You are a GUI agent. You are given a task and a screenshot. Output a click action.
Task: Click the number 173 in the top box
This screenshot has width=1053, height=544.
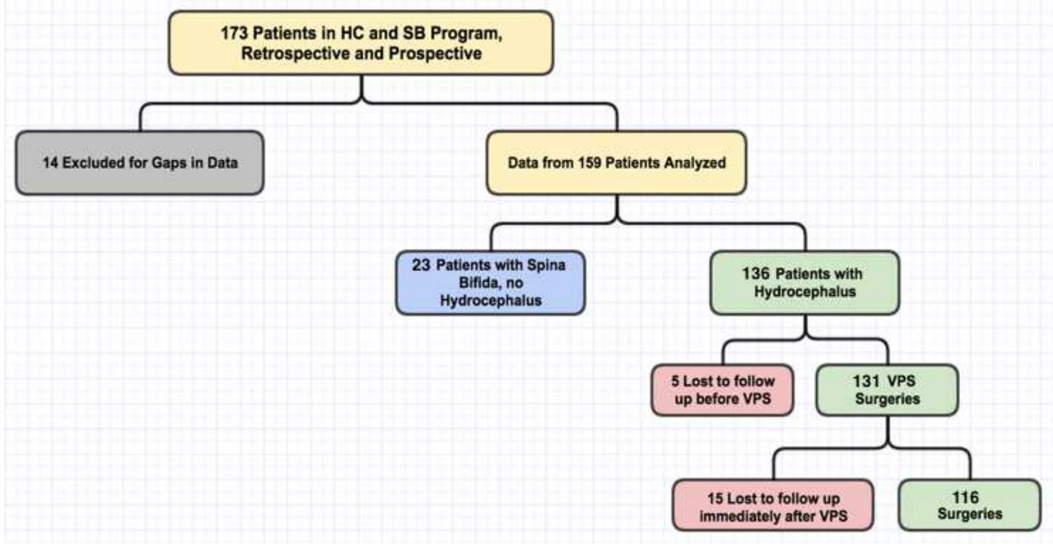coord(234,33)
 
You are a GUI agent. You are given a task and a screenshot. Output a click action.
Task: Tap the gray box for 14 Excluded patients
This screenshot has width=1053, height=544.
coord(140,163)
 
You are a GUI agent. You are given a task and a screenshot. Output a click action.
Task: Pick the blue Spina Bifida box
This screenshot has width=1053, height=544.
coord(490,283)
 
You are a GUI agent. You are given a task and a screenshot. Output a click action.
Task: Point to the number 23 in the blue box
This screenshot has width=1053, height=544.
coord(421,265)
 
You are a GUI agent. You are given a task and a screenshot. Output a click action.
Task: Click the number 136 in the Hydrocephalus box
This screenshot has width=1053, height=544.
coord(755,274)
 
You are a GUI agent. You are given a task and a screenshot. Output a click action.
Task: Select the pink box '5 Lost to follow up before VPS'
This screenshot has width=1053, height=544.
coord(722,390)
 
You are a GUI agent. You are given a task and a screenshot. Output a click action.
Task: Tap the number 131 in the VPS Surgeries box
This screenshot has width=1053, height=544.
coord(866,381)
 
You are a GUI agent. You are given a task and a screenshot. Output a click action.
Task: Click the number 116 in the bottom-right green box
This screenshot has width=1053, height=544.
coord(965,497)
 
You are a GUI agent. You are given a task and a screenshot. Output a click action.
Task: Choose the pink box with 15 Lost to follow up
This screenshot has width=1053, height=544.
coord(773,506)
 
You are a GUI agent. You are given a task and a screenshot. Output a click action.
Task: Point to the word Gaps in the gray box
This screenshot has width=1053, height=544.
coord(169,163)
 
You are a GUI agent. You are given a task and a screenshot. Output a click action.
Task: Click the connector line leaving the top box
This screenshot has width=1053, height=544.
coord(362,89)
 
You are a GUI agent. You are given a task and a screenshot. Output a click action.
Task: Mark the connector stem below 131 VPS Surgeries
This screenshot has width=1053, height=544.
coord(887,431)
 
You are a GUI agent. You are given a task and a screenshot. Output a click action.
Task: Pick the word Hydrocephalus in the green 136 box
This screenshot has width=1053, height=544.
coord(805,291)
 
